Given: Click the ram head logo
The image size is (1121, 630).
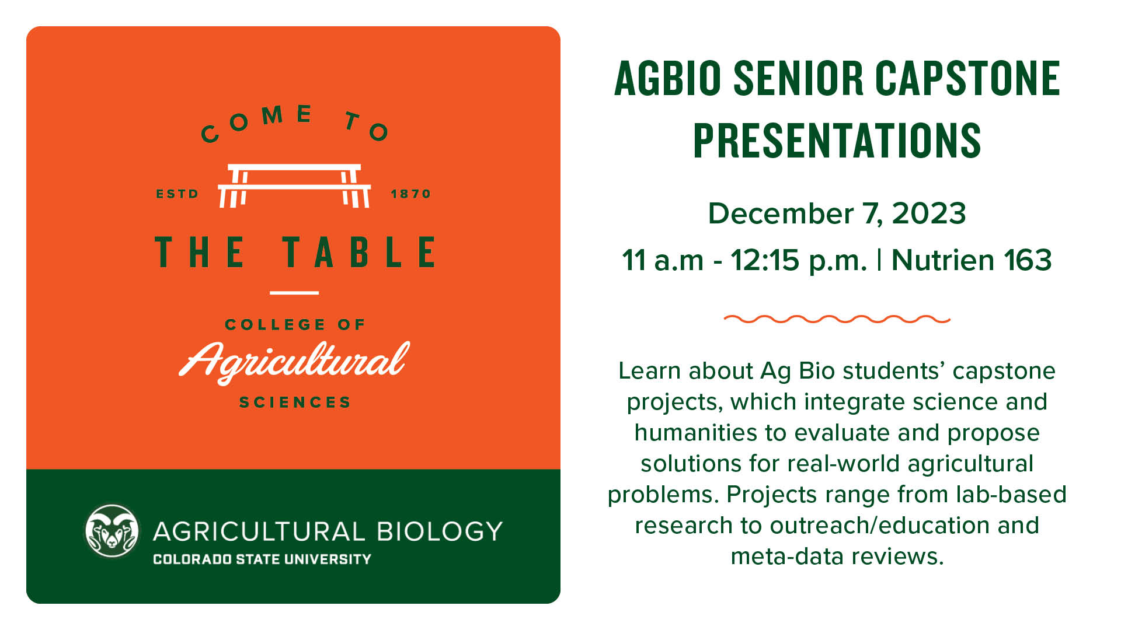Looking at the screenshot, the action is pos(113,531).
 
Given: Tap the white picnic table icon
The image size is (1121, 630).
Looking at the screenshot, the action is pos(294,185).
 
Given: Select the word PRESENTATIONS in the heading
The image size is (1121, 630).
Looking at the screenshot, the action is pos(837,140).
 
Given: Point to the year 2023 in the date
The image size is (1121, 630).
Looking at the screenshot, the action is pos(929,213).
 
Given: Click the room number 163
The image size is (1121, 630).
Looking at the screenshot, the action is pos(1028,260).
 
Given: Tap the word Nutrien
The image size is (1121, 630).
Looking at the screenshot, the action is pos(942,260).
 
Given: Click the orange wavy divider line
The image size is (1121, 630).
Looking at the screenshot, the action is pos(837,319).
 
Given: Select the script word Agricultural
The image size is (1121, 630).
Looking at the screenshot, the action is pos(294,361).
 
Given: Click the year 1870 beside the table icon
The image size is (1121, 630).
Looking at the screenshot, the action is pos(410,194).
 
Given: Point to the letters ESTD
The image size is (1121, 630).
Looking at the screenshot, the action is pos(177,194).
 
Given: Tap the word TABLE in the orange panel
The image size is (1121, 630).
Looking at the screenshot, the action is pos(359,252).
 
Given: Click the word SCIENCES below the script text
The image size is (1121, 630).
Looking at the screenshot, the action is pos(295,402).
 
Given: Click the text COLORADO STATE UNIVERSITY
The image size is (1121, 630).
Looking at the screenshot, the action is pos(262,559).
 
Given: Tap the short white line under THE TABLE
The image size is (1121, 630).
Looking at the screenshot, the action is pos(294,293).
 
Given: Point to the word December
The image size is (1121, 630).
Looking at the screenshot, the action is pos(781,213).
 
